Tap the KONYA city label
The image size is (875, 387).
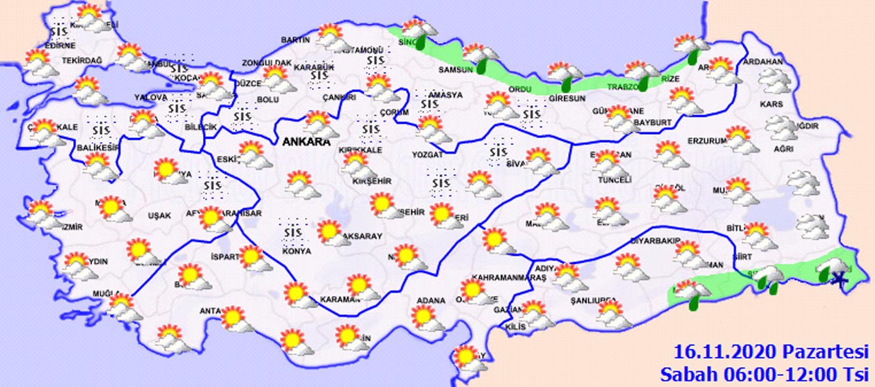[297, 251]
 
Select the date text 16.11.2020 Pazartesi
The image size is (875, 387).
[769, 353]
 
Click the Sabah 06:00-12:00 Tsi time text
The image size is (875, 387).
[763, 374]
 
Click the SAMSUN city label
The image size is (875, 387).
[456, 70]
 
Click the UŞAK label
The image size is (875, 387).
[159, 215]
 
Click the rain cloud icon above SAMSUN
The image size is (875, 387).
[480, 55]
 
